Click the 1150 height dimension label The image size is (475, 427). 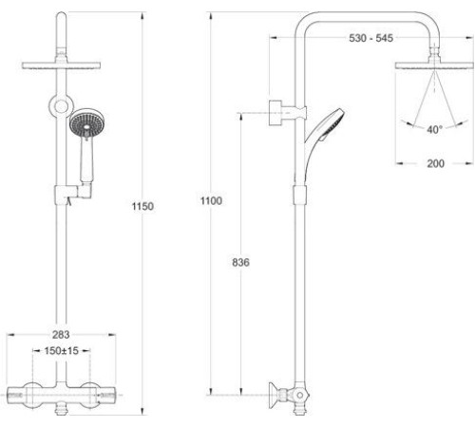pos(142,206)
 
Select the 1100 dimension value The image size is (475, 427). pos(211,200)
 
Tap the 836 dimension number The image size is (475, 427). pos(240,262)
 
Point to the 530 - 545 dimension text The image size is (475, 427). pos(371,38)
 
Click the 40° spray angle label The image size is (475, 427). pos(434,129)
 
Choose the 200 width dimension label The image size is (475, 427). pos(436,163)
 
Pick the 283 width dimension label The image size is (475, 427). pos(61,334)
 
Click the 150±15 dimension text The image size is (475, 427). pos(61,350)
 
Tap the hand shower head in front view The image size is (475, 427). pos(87,122)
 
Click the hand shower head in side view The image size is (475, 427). pos(331,124)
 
